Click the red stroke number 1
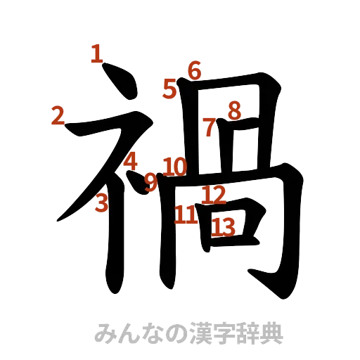[98, 53]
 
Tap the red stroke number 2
[59, 115]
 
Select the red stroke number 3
[103, 203]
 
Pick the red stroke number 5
[170, 88]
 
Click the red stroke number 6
[194, 70]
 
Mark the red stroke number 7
[210, 127]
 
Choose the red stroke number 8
[233, 110]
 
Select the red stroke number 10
[174, 167]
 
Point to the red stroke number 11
[186, 214]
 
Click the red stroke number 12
[214, 195]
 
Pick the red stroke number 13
[224, 226]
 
